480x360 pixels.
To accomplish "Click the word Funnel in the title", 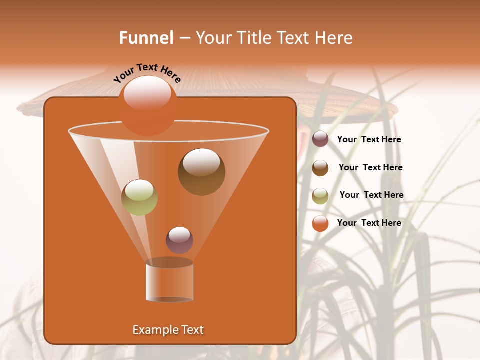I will click(146, 38).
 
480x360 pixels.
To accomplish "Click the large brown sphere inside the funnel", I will click(201, 172).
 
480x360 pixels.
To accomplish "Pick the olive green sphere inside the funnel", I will click(140, 197).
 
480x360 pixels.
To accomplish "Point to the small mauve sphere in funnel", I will click(179, 240).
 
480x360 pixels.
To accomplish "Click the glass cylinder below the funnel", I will click(170, 282).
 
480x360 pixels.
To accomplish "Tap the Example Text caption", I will click(168, 330).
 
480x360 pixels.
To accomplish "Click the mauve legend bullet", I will click(320, 139).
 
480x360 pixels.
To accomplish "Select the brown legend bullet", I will click(320, 168).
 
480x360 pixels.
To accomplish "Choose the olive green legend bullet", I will click(320, 196).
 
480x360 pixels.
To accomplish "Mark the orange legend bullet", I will click(320, 223).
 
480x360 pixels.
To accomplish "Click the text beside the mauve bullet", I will click(369, 140).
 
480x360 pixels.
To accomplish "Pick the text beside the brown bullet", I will click(370, 168).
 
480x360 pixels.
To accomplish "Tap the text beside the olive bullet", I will click(371, 195).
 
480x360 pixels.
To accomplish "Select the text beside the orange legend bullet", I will click(369, 223).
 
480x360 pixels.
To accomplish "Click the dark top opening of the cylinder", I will click(170, 262).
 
